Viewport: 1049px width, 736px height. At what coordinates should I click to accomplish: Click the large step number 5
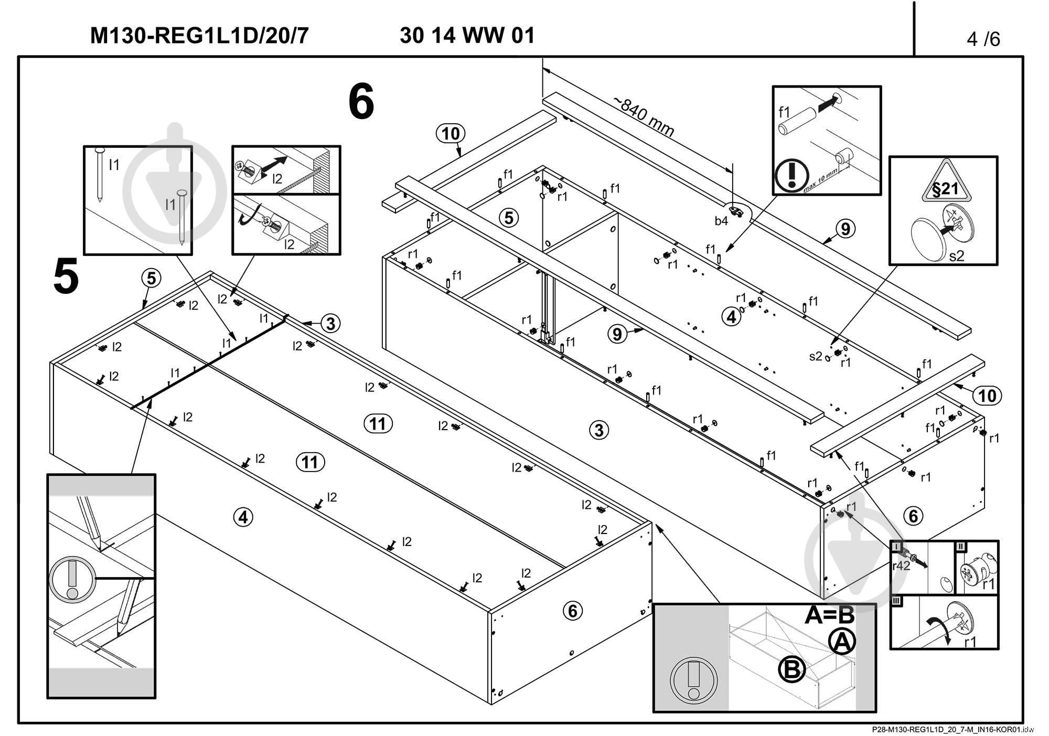[66, 276]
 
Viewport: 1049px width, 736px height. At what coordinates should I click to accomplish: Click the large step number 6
[361, 102]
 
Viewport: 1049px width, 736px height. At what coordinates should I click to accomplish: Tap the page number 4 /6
[983, 39]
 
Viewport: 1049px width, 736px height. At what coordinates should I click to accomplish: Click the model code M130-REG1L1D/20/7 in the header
[199, 36]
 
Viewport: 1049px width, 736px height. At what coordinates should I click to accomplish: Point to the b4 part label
[721, 221]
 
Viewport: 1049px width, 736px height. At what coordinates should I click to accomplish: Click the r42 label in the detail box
[901, 566]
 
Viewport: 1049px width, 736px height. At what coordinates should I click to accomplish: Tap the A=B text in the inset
[829, 615]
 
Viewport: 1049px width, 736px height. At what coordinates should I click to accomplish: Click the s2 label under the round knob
[957, 255]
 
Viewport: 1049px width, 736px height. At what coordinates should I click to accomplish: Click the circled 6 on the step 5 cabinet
[572, 611]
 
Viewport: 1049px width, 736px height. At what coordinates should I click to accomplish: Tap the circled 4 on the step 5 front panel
[243, 518]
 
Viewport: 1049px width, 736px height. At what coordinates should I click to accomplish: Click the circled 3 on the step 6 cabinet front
[600, 430]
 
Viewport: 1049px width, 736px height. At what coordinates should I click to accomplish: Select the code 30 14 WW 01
[467, 36]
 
